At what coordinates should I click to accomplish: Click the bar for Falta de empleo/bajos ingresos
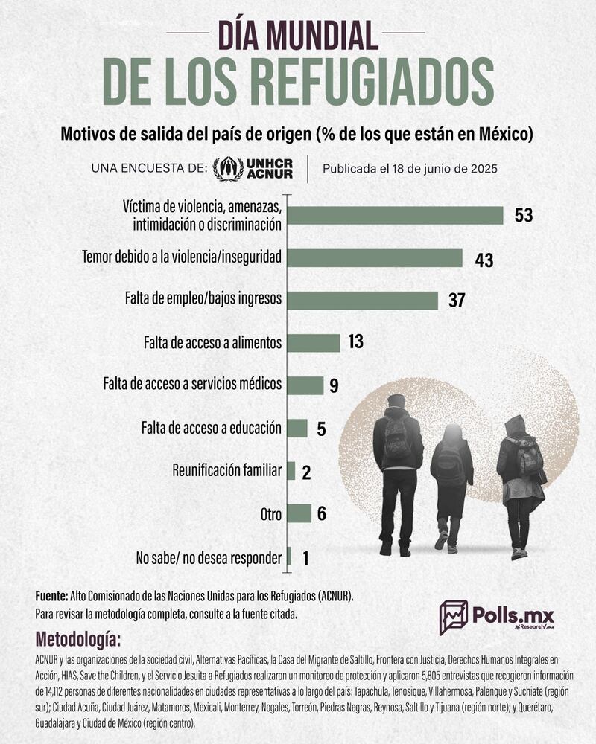tap(363, 300)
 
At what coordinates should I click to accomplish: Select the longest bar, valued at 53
tap(396, 215)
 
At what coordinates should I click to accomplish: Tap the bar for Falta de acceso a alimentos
tap(314, 342)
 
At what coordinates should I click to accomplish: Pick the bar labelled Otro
tap(299, 513)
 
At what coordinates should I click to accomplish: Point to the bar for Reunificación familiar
tap(291, 471)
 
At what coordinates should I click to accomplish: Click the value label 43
tap(484, 259)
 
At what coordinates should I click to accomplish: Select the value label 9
tap(335, 385)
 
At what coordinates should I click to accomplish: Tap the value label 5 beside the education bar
tap(321, 429)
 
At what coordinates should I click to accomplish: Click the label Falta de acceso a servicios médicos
tap(192, 385)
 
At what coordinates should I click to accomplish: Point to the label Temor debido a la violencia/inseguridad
tap(181, 257)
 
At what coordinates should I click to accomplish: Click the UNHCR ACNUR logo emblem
tap(228, 168)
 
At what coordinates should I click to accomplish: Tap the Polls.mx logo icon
tap(453, 617)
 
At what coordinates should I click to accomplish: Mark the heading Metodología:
tap(77, 640)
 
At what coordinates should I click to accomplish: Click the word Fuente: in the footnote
tap(51, 596)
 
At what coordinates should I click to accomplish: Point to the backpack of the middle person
tap(449, 466)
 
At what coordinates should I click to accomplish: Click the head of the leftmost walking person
tap(396, 402)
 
